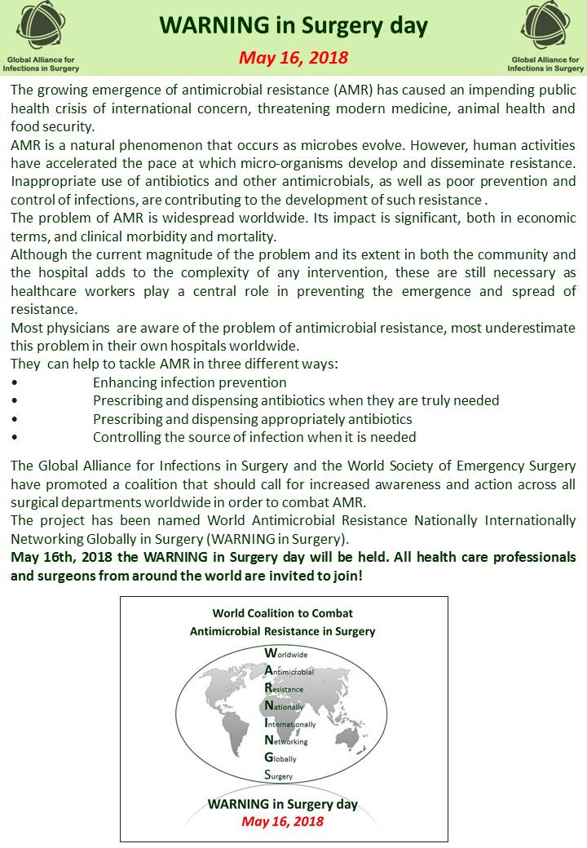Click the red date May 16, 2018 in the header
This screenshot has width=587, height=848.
[293, 58]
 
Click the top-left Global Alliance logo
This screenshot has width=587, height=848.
[42, 28]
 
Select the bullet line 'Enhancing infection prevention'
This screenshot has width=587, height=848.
[189, 382]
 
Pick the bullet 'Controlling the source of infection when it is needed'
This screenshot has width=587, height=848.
[254, 437]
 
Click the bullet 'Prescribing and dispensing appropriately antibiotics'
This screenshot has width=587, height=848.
[252, 419]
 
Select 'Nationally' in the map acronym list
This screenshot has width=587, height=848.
[284, 707]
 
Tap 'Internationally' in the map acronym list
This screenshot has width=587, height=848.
[290, 724]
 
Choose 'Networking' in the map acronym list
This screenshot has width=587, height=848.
[285, 741]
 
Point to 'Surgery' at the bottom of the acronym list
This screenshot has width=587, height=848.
[279, 776]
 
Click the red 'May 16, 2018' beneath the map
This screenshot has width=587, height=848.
[282, 821]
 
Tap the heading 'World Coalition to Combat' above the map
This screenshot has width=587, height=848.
[283, 613]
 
